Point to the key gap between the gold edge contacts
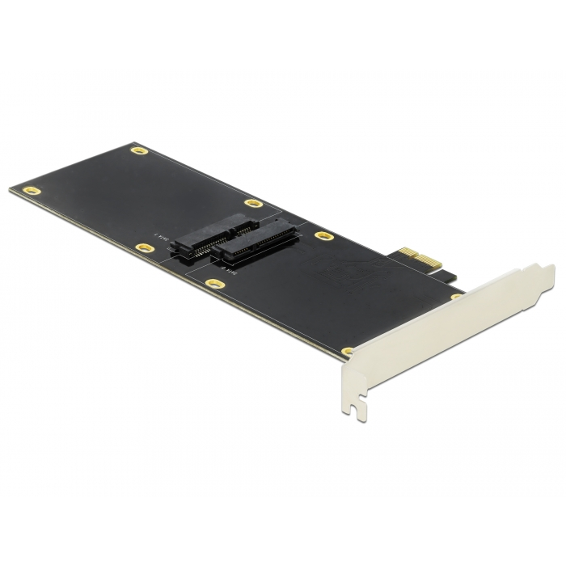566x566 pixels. click(x=402, y=261)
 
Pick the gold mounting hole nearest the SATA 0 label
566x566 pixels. click(x=213, y=284)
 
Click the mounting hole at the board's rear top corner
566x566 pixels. click(x=138, y=150)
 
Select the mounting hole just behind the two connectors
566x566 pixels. click(x=253, y=204)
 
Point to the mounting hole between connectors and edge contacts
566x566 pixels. click(x=325, y=238)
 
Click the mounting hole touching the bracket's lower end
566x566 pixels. click(x=348, y=351)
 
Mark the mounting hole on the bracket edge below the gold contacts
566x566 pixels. click(x=456, y=298)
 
